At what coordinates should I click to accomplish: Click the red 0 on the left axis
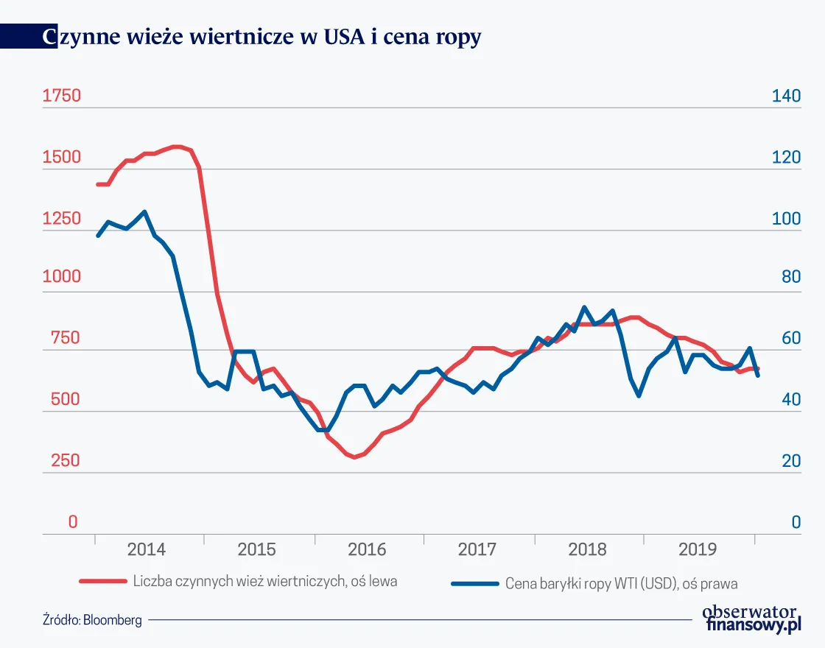[72, 522]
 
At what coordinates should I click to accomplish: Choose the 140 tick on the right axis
[785, 96]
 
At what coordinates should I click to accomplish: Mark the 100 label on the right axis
[785, 219]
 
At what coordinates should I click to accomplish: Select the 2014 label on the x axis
[147, 550]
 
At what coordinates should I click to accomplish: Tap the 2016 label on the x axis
[367, 550]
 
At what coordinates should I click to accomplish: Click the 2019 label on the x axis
[697, 550]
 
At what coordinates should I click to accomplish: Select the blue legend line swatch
[474, 584]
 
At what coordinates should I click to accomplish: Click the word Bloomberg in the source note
[113, 620]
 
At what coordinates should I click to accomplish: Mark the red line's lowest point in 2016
[355, 457]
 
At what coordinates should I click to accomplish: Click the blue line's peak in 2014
[144, 212]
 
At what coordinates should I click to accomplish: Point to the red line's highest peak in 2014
[177, 147]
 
